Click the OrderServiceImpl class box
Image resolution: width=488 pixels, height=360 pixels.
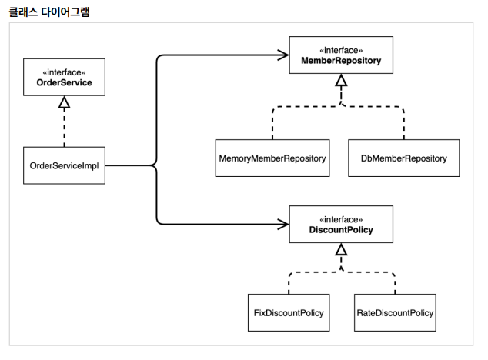(x=64, y=165)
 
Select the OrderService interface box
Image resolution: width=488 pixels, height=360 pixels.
(x=64, y=77)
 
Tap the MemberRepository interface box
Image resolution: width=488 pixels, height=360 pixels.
(x=341, y=55)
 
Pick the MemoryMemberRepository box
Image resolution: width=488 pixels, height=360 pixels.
(x=272, y=158)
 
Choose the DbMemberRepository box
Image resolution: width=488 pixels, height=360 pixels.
(x=403, y=158)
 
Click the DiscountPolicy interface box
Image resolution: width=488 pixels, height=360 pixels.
(x=341, y=225)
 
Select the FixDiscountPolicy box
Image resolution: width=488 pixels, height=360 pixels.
(x=289, y=313)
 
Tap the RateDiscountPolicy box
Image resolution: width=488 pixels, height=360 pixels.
(x=395, y=313)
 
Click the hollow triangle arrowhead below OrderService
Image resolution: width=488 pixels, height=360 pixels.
(x=64, y=102)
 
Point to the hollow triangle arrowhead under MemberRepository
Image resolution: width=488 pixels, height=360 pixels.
(x=341, y=80)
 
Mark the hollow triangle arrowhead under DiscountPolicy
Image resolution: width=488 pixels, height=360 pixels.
(x=341, y=249)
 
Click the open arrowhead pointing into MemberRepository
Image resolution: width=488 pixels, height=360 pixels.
(x=283, y=55)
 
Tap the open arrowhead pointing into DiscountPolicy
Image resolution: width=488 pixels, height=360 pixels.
(x=283, y=224)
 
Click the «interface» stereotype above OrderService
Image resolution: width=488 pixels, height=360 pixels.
(x=64, y=72)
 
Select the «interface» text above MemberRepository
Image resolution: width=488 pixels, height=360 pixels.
(x=341, y=51)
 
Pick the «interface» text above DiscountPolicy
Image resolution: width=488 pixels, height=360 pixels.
(x=341, y=220)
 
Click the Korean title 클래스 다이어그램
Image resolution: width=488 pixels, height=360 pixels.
(x=49, y=12)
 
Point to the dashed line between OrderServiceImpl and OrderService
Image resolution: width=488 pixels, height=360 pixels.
(x=64, y=128)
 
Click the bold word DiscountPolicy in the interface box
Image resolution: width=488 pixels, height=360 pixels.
(x=341, y=230)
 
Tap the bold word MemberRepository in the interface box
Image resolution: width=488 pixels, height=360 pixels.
(x=341, y=61)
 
